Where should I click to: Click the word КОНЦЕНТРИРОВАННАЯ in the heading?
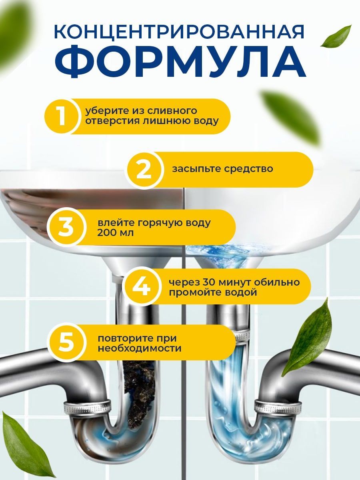tap(179, 32)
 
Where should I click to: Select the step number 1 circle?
tap(62, 116)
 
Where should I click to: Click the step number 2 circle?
tap(144, 170)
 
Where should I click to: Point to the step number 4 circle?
tap(142, 286)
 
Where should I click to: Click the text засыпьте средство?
tap(222, 169)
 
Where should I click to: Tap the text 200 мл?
tap(115, 233)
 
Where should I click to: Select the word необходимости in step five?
tap(140, 348)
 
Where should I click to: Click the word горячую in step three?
tap(160, 223)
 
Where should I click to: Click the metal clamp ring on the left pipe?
tap(87, 406)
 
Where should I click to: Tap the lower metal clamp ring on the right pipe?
tap(278, 406)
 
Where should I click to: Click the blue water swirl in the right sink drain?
tap(221, 255)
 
